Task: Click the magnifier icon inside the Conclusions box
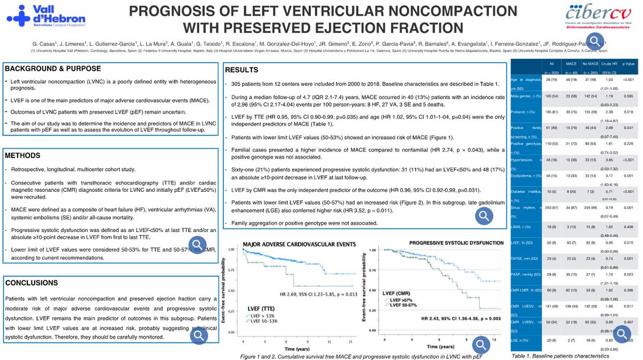[198, 335]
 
